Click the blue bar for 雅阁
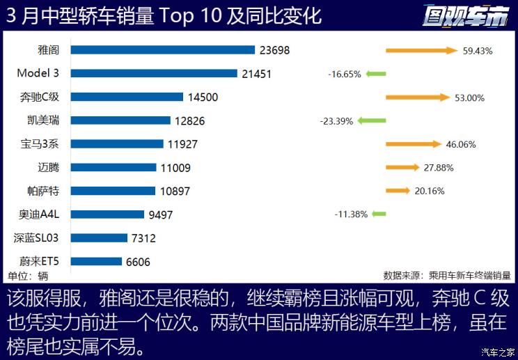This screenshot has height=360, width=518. point(162,50)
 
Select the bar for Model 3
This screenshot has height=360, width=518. point(154,73)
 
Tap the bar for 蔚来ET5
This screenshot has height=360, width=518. point(97,262)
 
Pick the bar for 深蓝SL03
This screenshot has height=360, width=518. point(99,238)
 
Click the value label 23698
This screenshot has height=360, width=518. point(274,50)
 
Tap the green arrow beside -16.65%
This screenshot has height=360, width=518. point(375,73)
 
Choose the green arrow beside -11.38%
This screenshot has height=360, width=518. point(379,214)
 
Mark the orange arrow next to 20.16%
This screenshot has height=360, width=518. point(398,191)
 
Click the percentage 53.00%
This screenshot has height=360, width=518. point(469,97)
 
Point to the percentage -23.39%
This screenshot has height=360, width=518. point(336,120)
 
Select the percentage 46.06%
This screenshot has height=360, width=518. point(460,144)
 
